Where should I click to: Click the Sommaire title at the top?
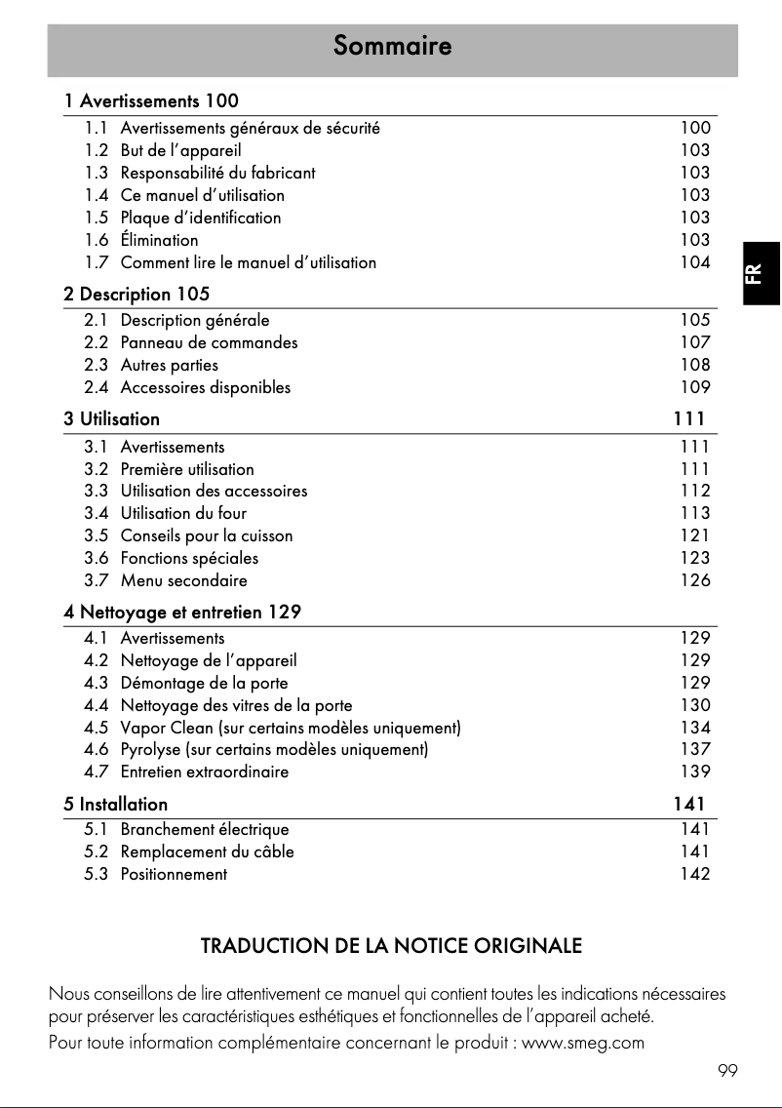click(392, 46)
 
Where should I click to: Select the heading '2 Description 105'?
click(137, 294)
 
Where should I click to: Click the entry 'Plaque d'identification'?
click(200, 218)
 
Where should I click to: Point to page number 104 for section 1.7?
click(695, 262)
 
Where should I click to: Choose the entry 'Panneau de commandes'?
click(209, 342)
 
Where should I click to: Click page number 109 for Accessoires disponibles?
click(695, 387)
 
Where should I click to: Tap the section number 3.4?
click(97, 513)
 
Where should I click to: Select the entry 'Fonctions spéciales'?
click(189, 559)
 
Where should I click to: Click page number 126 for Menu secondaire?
click(695, 580)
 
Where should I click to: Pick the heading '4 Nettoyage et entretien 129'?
click(182, 613)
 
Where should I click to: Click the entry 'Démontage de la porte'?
click(204, 683)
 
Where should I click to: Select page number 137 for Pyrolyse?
click(695, 750)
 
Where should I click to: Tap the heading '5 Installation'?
click(116, 805)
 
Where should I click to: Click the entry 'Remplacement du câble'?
click(207, 851)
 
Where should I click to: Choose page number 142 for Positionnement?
click(695, 874)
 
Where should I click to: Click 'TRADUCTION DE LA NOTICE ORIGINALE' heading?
click(391, 946)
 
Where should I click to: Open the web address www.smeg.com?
click(583, 1043)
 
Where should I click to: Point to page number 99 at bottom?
click(727, 1071)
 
